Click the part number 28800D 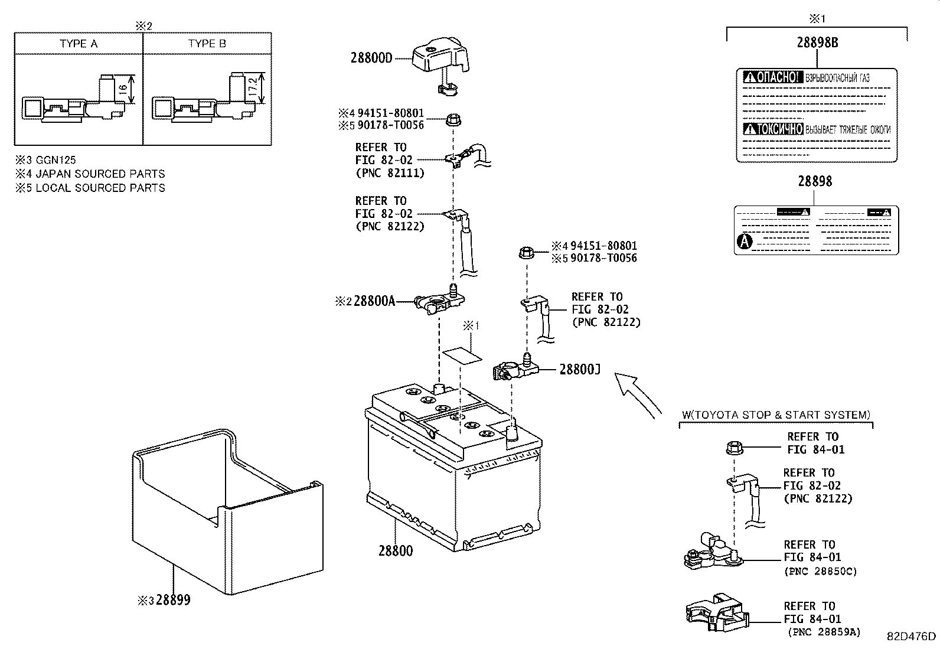click(x=371, y=58)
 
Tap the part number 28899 click(x=172, y=601)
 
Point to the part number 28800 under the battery click(x=396, y=551)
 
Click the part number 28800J click(x=580, y=370)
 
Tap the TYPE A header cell click(x=79, y=44)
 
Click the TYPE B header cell click(x=207, y=44)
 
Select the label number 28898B click(x=817, y=43)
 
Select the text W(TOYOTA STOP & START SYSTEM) click(x=776, y=415)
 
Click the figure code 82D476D click(x=911, y=636)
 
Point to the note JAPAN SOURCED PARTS click(x=100, y=174)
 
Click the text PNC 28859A click(x=824, y=632)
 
